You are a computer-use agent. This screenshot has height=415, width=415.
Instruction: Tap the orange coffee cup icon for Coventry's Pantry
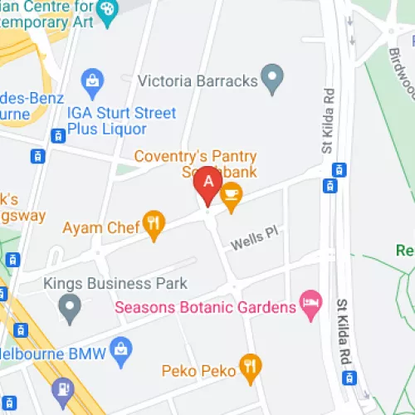click(x=231, y=196)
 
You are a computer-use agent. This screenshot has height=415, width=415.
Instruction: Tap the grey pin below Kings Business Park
click(x=70, y=310)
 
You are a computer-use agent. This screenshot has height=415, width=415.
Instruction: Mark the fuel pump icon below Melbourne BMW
click(x=63, y=388)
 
